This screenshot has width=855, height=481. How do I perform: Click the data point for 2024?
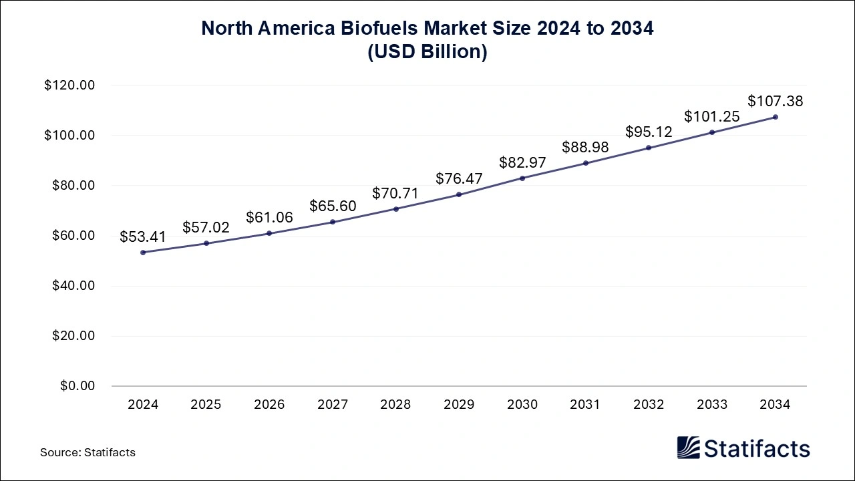click(x=143, y=253)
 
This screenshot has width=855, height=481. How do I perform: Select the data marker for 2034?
click(x=776, y=117)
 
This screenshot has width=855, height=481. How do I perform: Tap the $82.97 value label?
click(x=522, y=162)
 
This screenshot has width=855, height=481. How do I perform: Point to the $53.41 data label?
click(x=143, y=236)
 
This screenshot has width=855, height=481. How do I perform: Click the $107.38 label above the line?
click(x=775, y=102)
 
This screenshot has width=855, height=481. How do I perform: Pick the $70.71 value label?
click(x=396, y=194)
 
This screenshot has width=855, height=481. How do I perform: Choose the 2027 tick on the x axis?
click(x=333, y=405)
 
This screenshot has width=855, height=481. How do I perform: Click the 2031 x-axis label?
click(x=585, y=405)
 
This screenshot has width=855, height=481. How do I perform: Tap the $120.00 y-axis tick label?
click(x=69, y=86)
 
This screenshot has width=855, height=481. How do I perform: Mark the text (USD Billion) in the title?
click(x=427, y=52)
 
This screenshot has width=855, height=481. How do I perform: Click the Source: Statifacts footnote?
click(x=88, y=452)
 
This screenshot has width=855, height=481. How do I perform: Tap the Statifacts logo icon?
click(x=688, y=448)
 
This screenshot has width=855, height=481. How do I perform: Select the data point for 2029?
click(x=459, y=194)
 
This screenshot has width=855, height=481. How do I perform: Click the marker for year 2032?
click(x=649, y=148)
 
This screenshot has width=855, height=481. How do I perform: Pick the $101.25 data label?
click(x=711, y=117)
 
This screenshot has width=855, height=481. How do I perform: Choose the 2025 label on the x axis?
click(x=206, y=405)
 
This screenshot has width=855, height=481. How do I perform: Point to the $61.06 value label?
click(x=269, y=217)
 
